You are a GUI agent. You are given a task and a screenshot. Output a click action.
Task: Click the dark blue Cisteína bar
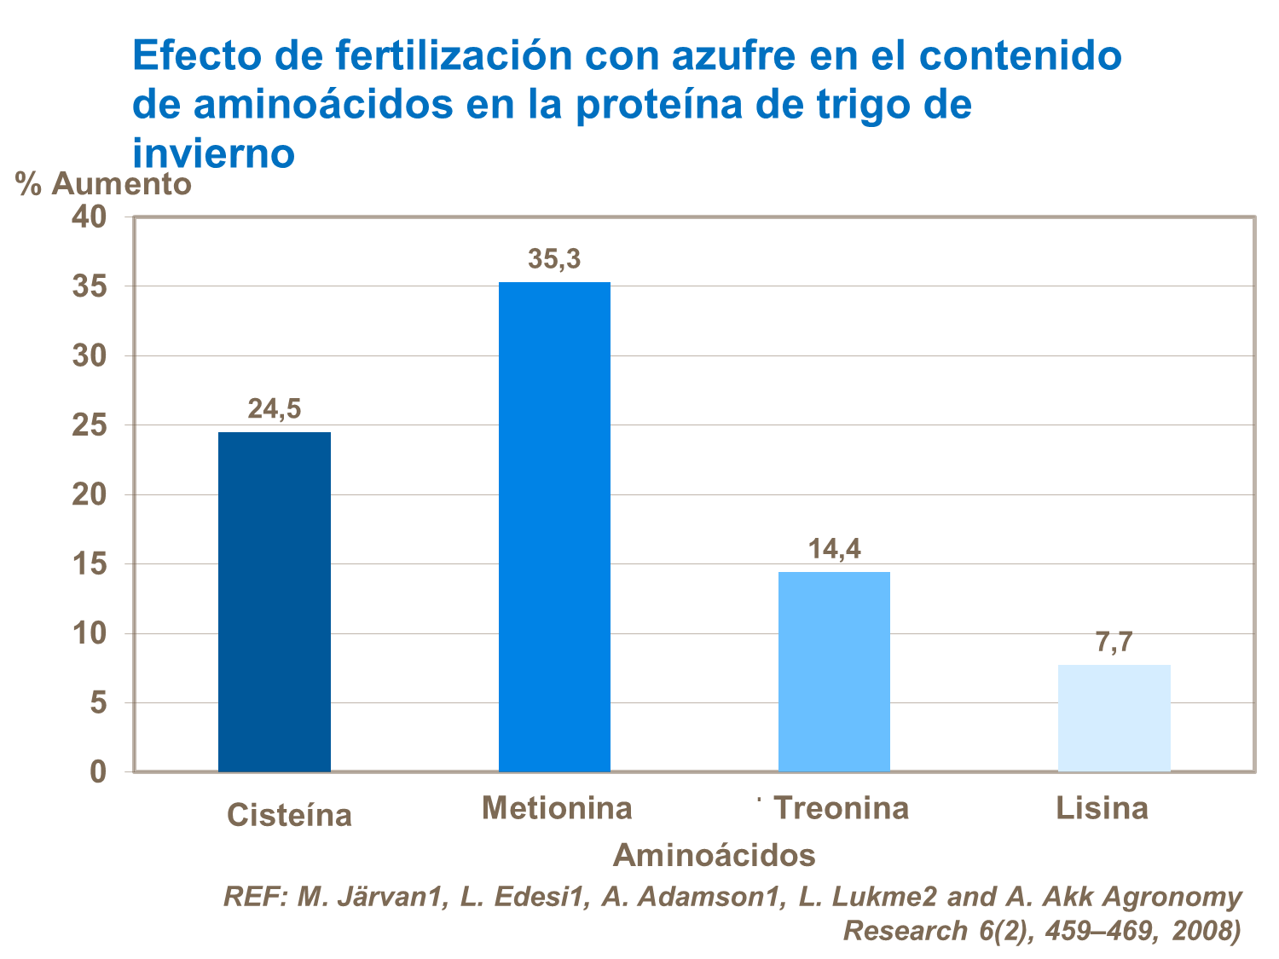click(x=274, y=602)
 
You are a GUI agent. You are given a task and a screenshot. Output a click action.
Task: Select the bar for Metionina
click(x=554, y=527)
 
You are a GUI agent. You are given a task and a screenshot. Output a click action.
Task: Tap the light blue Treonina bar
click(x=834, y=672)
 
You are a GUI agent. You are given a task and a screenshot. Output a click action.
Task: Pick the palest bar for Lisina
click(x=1114, y=718)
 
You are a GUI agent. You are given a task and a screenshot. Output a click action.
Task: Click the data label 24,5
click(x=274, y=409)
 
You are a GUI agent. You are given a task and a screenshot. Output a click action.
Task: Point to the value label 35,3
click(x=554, y=259)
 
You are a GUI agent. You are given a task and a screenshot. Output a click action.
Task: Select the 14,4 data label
click(x=834, y=549)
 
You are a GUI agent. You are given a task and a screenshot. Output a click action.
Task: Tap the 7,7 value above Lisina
click(x=1114, y=642)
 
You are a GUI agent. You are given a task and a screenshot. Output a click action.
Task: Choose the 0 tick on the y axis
click(x=98, y=772)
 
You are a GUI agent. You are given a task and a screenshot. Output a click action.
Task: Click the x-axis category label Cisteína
click(x=289, y=816)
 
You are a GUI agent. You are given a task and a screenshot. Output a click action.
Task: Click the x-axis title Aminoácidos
click(x=714, y=854)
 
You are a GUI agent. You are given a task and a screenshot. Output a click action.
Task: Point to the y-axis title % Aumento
click(x=103, y=183)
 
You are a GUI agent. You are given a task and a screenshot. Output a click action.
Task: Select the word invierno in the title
click(x=214, y=153)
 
